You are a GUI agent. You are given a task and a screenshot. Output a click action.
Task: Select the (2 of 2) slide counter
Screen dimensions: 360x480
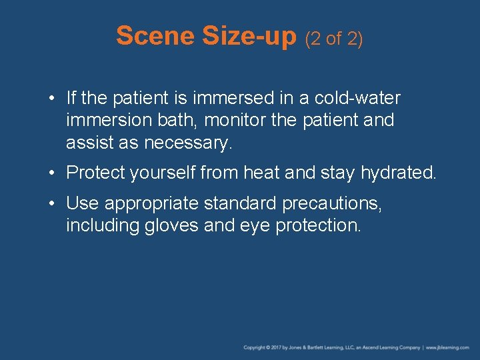[x=333, y=39]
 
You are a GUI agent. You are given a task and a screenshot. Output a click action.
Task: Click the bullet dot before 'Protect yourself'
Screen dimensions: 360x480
[x=53, y=173]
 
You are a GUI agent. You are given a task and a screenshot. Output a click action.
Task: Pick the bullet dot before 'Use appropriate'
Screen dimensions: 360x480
[x=53, y=203]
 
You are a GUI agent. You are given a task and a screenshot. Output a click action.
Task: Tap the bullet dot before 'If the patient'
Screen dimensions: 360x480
[x=53, y=99]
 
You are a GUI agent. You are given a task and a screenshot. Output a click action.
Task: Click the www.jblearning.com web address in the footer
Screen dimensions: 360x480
[x=449, y=347]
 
